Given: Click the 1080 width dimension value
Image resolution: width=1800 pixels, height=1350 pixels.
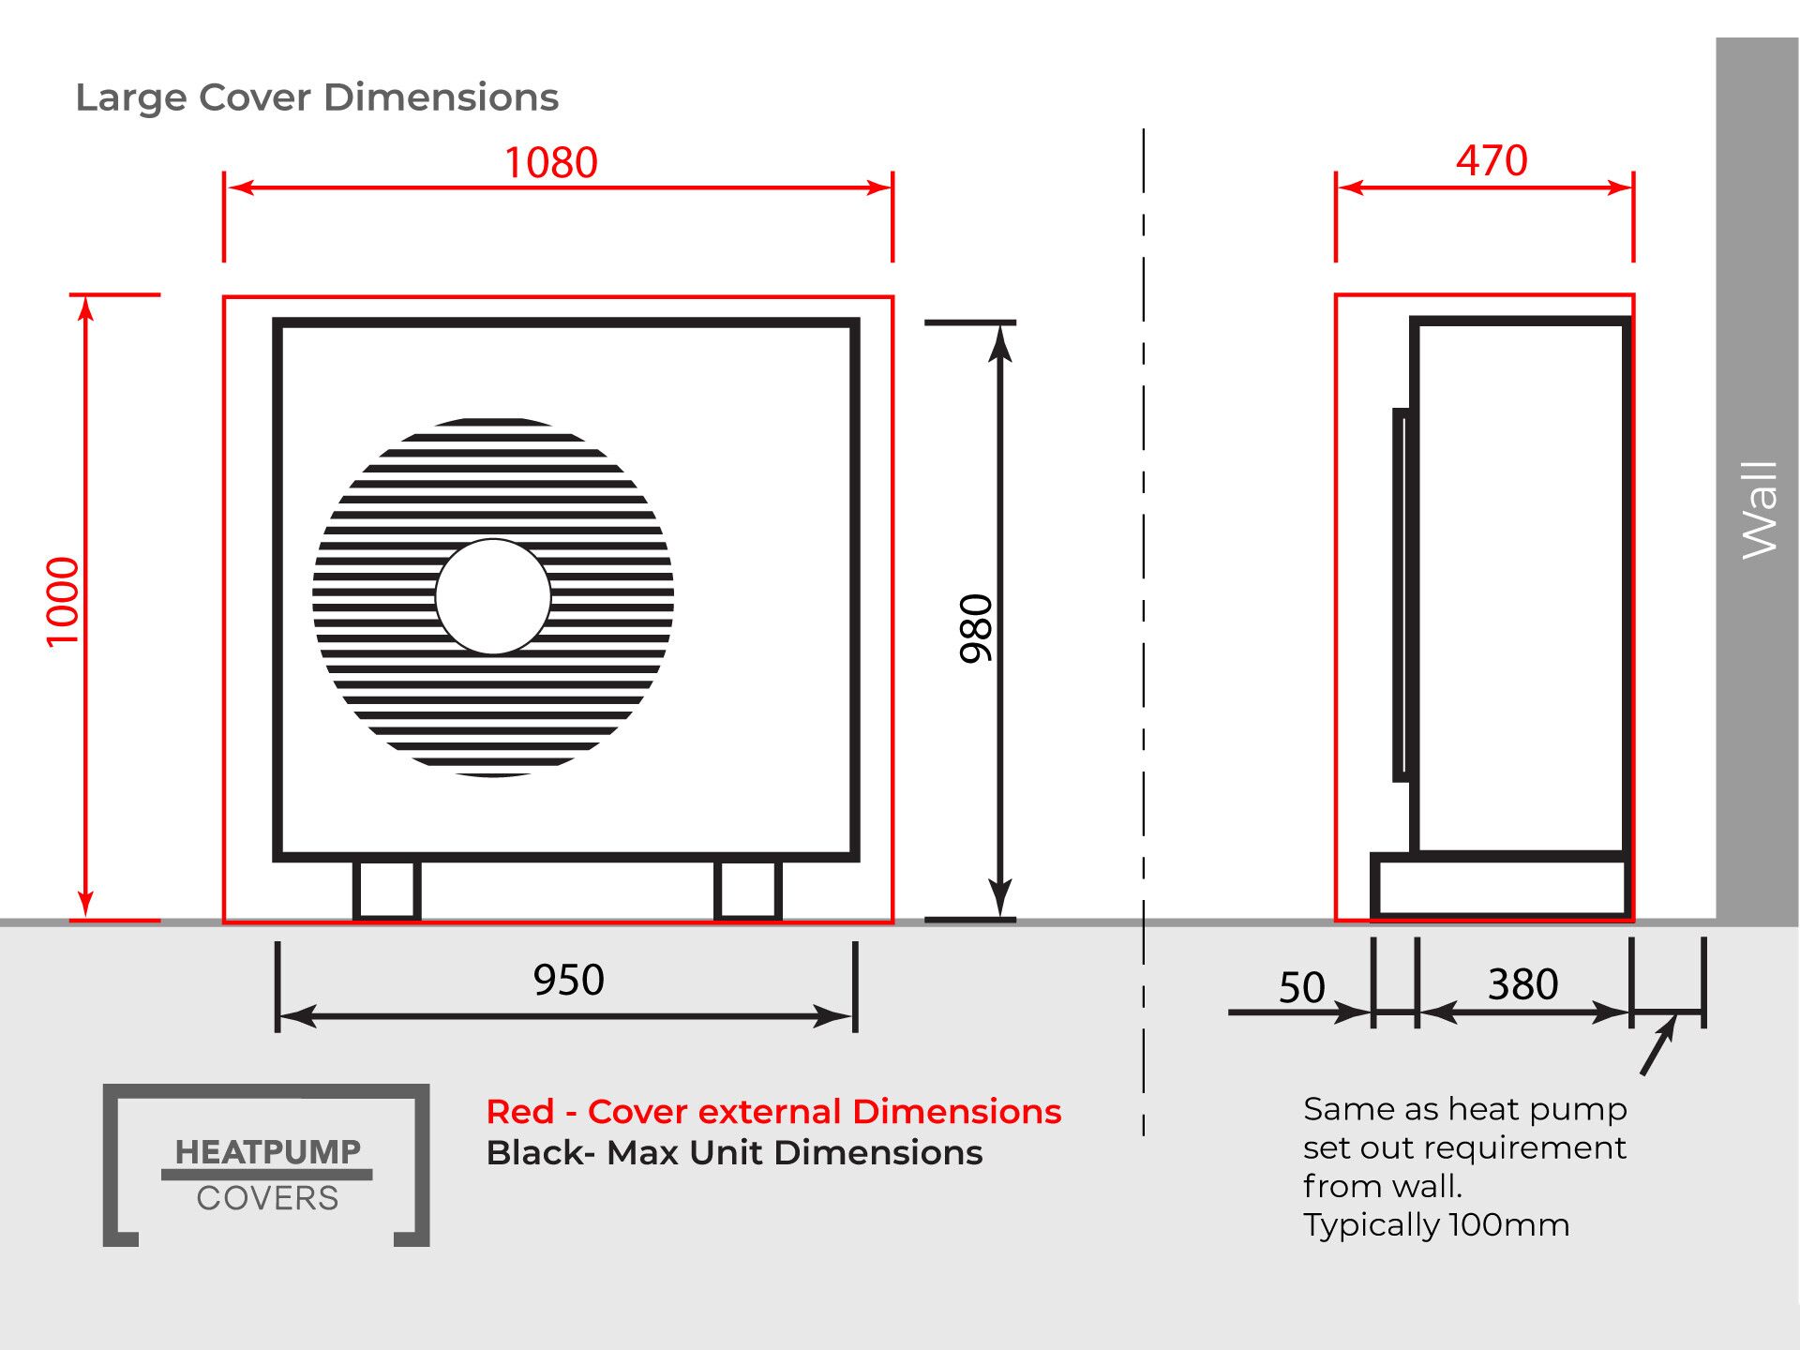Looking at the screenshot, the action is coord(551,162).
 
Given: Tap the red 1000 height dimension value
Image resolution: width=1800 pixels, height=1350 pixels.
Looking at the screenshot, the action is coord(63,602).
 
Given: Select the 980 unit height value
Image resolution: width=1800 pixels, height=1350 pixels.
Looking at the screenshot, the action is coord(976,628).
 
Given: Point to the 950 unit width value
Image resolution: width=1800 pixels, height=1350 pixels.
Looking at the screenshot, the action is coord(569,980).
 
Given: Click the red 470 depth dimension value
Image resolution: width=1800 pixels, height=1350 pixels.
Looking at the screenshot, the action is coord(1492,160).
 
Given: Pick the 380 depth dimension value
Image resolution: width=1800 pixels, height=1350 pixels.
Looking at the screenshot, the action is coord(1523,984).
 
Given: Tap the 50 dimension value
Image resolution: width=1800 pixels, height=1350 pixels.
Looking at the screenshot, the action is coord(1302,987).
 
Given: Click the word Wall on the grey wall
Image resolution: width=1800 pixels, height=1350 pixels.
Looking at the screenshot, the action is coord(1759,510).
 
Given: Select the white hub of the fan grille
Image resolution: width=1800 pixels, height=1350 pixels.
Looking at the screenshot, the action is coord(493,596).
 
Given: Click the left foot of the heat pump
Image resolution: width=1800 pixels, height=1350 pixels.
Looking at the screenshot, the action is coord(386,890).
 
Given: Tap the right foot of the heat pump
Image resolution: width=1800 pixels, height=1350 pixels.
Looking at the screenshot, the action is coord(747,890).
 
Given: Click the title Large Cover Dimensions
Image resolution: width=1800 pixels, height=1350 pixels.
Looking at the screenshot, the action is coord(317,97).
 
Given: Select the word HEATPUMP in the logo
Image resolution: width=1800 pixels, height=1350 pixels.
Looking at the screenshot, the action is coord(267,1151).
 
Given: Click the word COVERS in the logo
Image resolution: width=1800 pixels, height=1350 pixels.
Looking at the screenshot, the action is coord(267,1198).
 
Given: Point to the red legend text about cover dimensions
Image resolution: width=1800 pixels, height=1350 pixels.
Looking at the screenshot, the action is coord(773,1111).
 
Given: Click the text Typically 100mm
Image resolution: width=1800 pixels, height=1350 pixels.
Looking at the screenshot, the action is coord(1436,1224).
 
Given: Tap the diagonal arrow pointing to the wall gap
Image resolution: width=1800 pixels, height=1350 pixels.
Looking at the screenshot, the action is coord(1657,1045).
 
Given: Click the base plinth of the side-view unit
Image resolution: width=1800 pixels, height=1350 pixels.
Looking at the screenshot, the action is coord(1500,886).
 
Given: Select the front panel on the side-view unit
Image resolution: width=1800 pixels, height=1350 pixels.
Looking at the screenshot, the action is coord(1402,594).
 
